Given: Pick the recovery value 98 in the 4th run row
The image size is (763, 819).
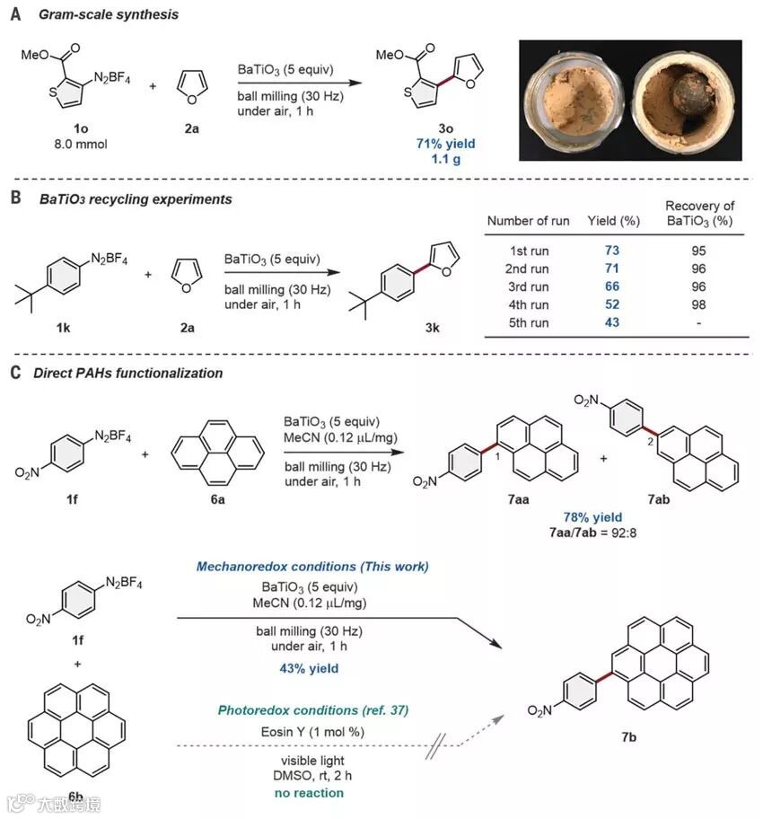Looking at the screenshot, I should (x=698, y=304).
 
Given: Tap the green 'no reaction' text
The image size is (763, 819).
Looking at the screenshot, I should (x=310, y=793).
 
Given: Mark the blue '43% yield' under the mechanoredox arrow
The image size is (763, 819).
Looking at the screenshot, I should (x=310, y=668).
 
